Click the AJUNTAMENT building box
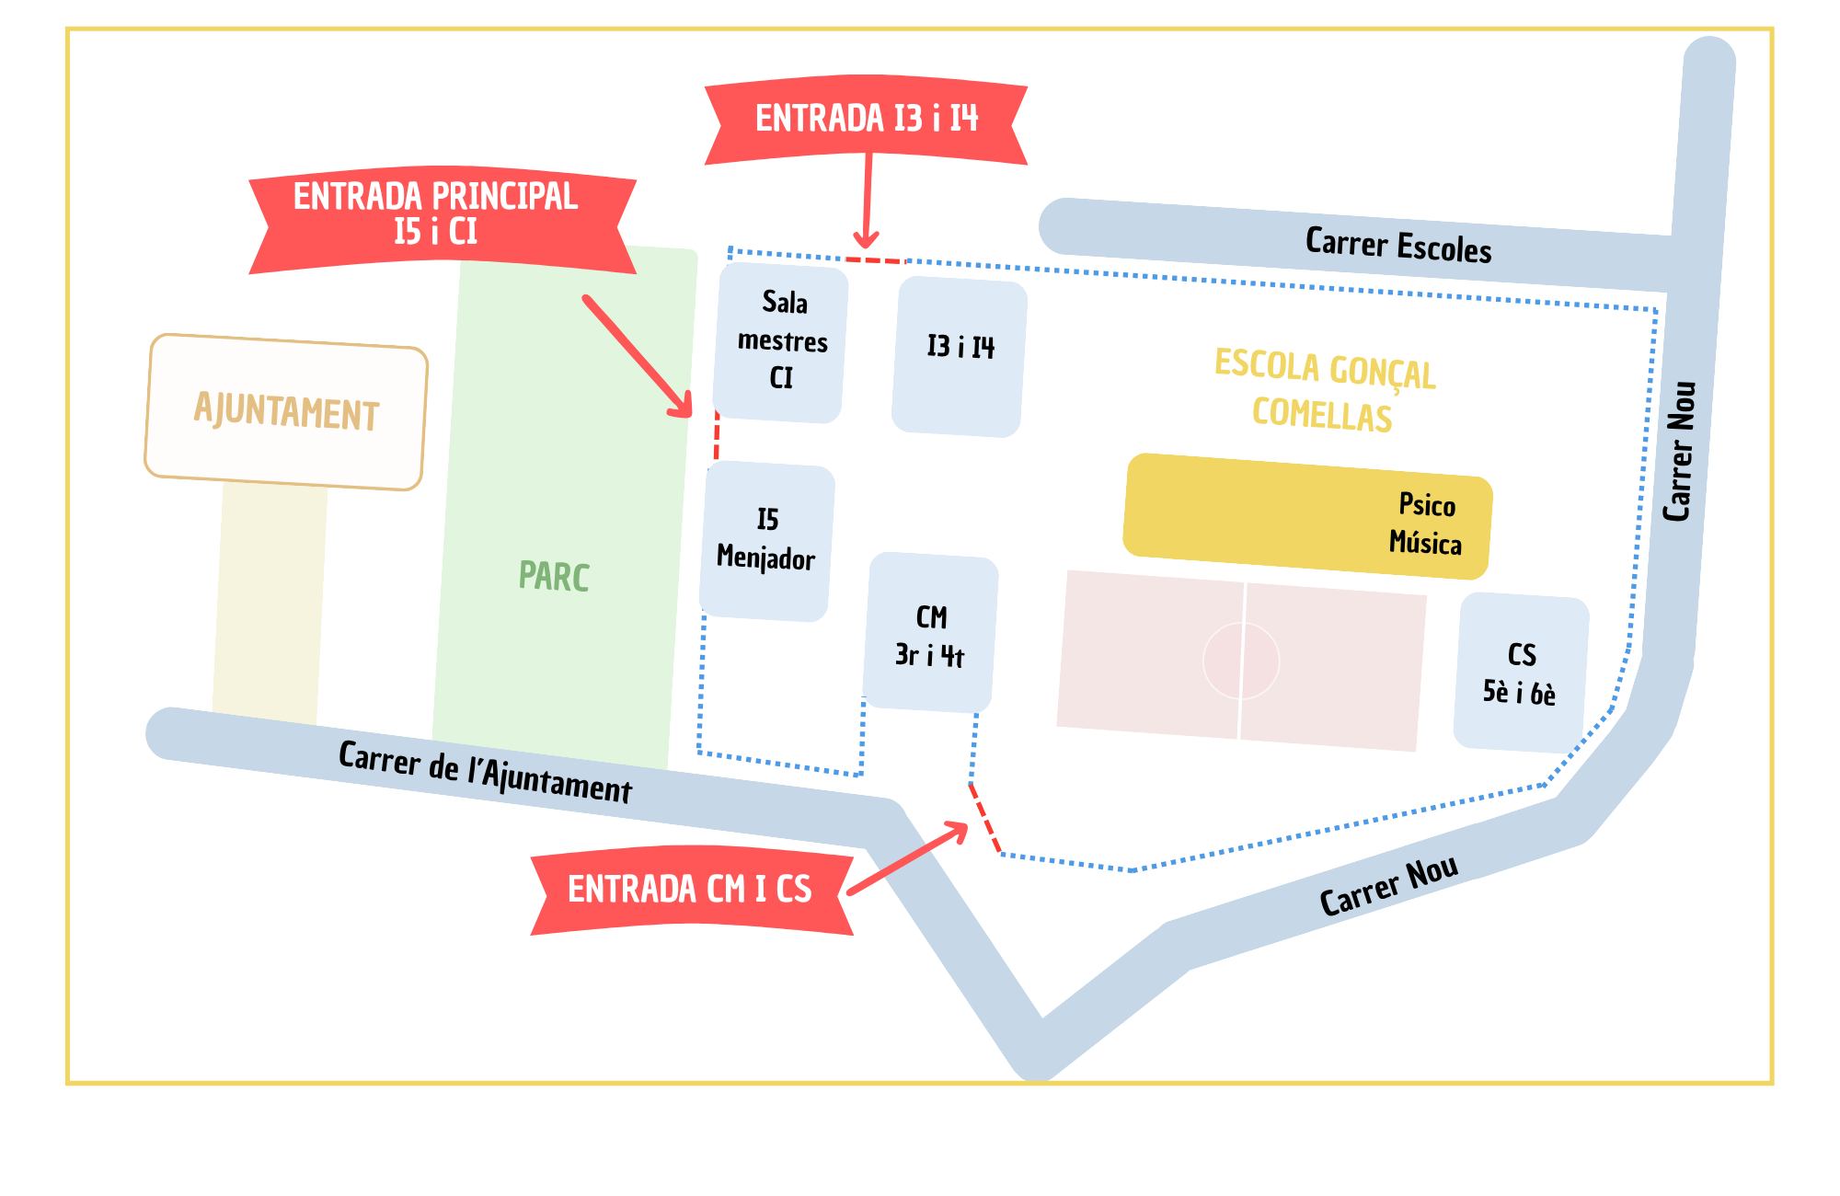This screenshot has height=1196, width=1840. (286, 411)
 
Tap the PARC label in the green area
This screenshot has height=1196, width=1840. (554, 577)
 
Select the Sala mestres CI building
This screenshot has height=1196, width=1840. (781, 342)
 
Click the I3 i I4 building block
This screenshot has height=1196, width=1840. (960, 356)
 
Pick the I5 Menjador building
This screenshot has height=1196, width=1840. (767, 541)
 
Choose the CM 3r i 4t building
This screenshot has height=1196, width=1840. (931, 633)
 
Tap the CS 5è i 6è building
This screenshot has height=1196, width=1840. (1520, 673)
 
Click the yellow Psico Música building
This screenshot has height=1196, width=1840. (1306, 517)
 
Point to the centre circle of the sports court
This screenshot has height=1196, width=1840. (1241, 661)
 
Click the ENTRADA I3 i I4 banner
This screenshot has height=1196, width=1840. (866, 120)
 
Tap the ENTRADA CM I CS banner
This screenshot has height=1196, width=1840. (691, 890)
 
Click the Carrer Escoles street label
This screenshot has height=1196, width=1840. (1397, 246)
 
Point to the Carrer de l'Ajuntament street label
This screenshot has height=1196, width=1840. (485, 772)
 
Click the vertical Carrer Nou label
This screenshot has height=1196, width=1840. (1680, 451)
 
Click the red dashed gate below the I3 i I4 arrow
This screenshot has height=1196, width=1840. (875, 261)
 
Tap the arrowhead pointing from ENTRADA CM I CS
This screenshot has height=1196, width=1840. (959, 830)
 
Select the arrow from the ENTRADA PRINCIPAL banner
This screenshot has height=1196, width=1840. (637, 354)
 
